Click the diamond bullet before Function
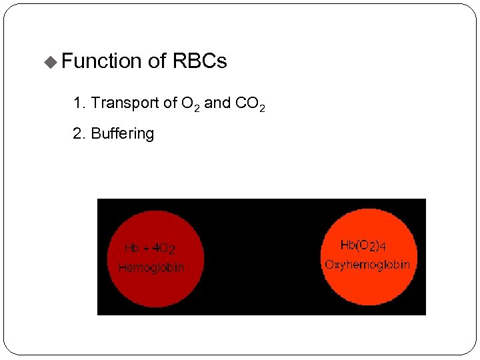[x=51, y=62]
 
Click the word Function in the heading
[x=101, y=61]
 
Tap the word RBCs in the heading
[x=199, y=61]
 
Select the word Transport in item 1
[x=125, y=103]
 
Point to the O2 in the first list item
[x=189, y=104]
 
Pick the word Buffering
[x=122, y=133]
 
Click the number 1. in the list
[x=79, y=103]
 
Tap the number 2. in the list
[x=79, y=133]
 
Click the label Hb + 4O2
[x=150, y=249]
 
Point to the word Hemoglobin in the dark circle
[x=151, y=268]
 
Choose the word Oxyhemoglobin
[x=367, y=265]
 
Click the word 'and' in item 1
[x=217, y=103]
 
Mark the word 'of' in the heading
[x=157, y=61]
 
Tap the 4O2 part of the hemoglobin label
[x=164, y=249]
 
